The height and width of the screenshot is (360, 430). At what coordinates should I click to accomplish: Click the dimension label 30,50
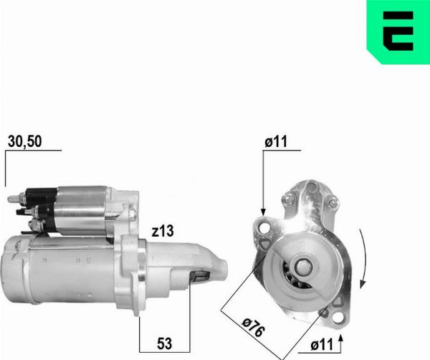coord(24,142)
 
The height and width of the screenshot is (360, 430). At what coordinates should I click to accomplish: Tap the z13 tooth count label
coord(163,231)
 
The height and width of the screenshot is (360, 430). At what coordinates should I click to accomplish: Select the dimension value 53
coord(165,344)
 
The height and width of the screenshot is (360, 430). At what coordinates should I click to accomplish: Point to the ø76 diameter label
coord(253,327)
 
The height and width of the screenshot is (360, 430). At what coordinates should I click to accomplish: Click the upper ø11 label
coord(276,141)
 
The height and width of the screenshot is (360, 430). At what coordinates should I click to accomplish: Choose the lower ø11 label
coord(322,345)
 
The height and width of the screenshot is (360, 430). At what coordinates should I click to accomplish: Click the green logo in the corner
coord(398,32)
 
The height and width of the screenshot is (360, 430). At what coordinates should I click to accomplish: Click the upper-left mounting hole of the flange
coord(264,228)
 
